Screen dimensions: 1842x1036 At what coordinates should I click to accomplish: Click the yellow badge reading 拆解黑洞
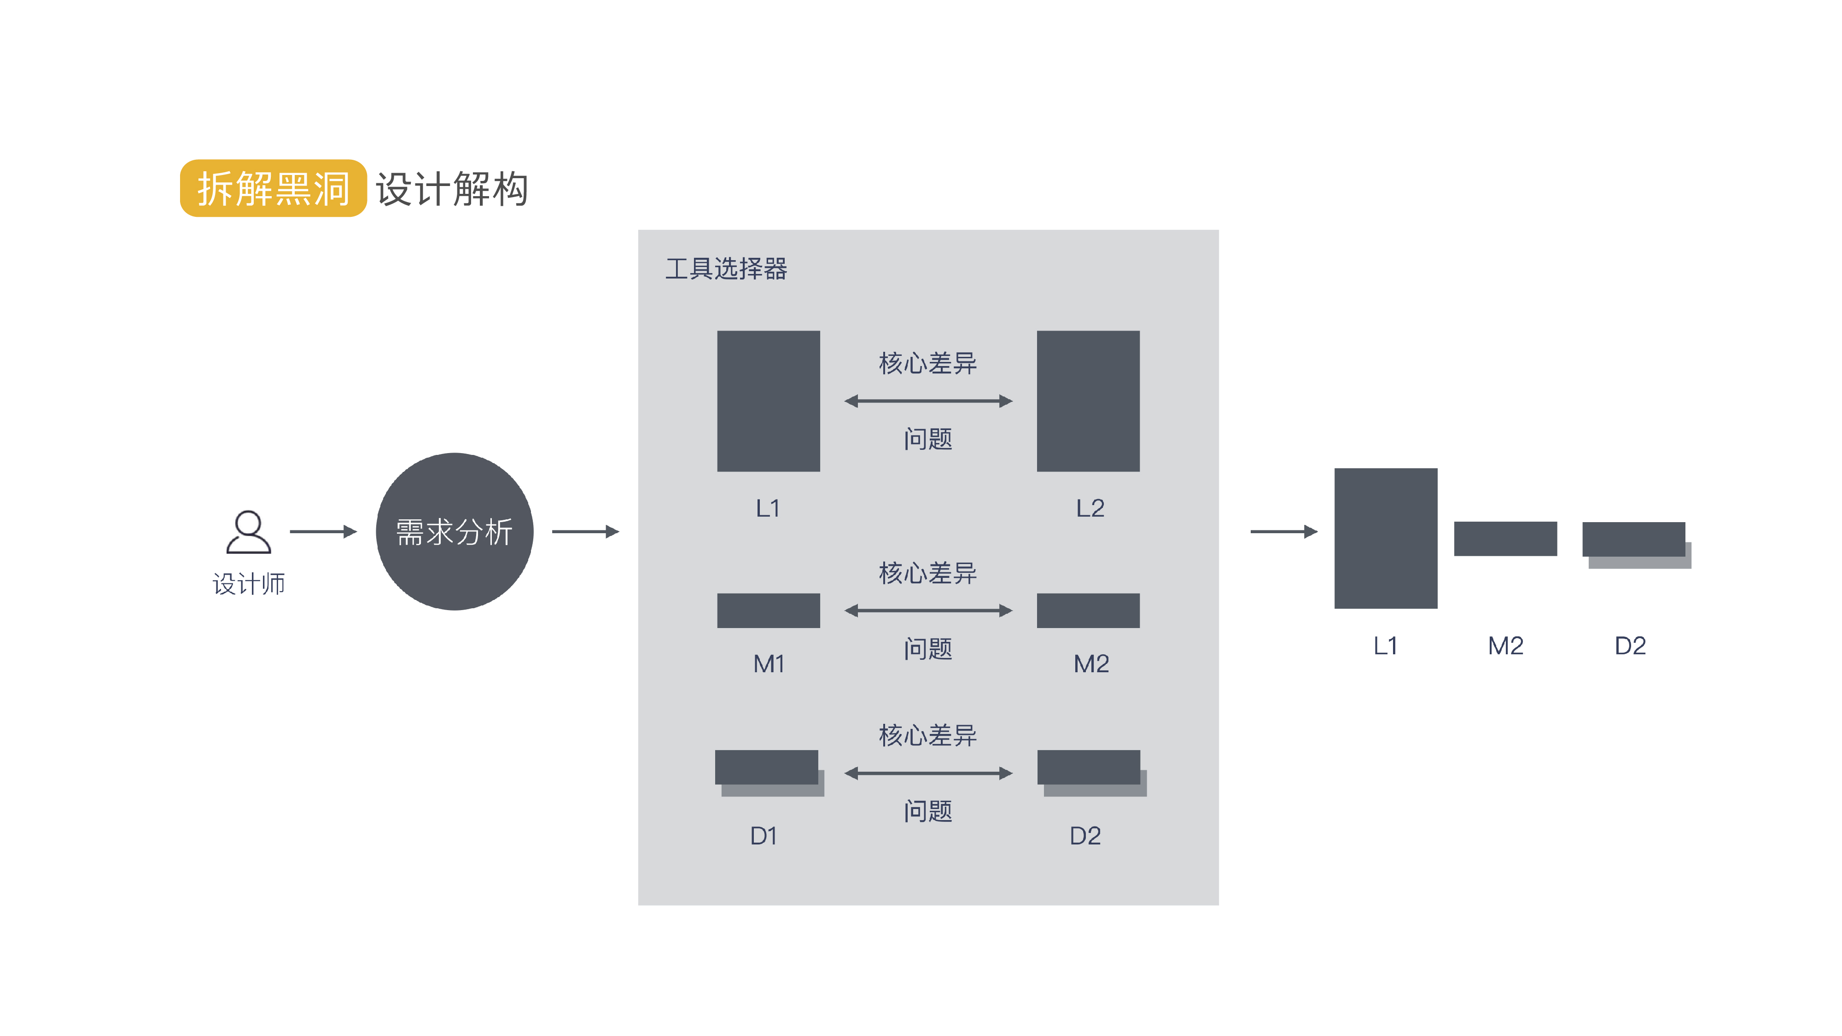click(273, 188)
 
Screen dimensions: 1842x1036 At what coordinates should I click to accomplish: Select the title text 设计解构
click(452, 189)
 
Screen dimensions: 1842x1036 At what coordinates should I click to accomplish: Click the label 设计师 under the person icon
click(249, 584)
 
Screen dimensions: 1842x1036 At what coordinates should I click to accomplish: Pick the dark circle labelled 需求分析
click(455, 531)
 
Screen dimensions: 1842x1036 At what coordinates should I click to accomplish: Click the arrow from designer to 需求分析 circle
click(323, 531)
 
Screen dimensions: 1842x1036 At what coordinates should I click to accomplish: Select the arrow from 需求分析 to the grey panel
click(586, 531)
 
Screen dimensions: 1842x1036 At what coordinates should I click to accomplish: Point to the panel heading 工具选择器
click(726, 269)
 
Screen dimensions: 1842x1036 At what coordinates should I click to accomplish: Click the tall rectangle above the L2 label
click(1088, 401)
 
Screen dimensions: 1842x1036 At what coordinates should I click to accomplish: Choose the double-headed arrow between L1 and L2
click(928, 401)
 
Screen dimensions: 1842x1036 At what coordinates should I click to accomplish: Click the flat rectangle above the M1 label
click(769, 611)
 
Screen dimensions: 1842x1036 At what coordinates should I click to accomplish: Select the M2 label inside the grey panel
click(1091, 664)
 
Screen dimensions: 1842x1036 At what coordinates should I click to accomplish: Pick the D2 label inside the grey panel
click(1085, 836)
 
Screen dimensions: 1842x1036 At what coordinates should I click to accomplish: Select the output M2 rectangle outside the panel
click(1505, 538)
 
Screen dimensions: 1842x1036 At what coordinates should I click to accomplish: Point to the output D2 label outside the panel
click(1630, 646)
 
